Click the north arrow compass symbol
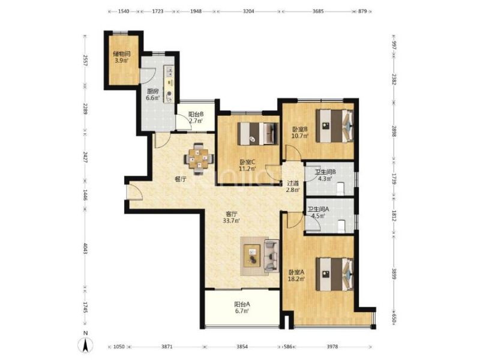coord(86,344)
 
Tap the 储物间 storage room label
coord(122,54)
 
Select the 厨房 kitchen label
coord(152,91)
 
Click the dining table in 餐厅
coord(199,159)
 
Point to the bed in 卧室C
coord(258,134)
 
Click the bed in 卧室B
coord(335,126)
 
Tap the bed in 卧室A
coord(335,274)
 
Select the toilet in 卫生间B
coord(340,188)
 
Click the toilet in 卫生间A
coord(340,226)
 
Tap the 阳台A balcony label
coord(242,304)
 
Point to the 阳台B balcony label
coord(196,114)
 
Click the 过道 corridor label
coord(293,183)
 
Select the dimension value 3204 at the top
coord(248,11)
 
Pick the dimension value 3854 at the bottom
coord(242,347)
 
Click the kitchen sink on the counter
coord(169,72)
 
